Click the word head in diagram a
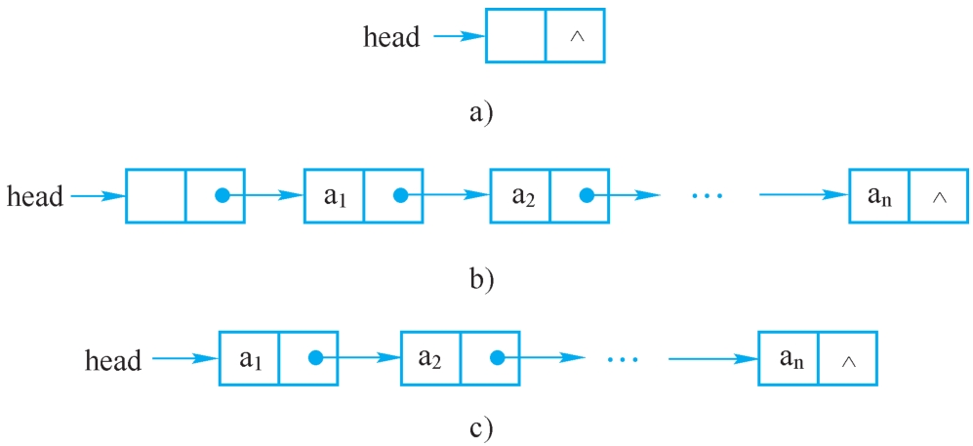[391, 37]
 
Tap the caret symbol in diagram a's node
[576, 36]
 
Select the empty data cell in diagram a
[515, 36]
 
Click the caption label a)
[481, 112]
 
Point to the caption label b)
[481, 279]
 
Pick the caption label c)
[481, 426]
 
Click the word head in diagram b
[35, 196]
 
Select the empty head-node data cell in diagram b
[156, 196]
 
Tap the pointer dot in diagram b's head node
[222, 196]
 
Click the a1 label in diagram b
[335, 196]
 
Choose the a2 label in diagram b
[521, 196]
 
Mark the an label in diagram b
[879, 196]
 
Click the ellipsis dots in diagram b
[706, 196]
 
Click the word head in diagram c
[113, 360]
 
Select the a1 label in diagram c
[250, 360]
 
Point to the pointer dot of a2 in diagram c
[498, 359]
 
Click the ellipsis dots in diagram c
[621, 360]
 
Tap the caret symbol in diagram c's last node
[848, 361]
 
